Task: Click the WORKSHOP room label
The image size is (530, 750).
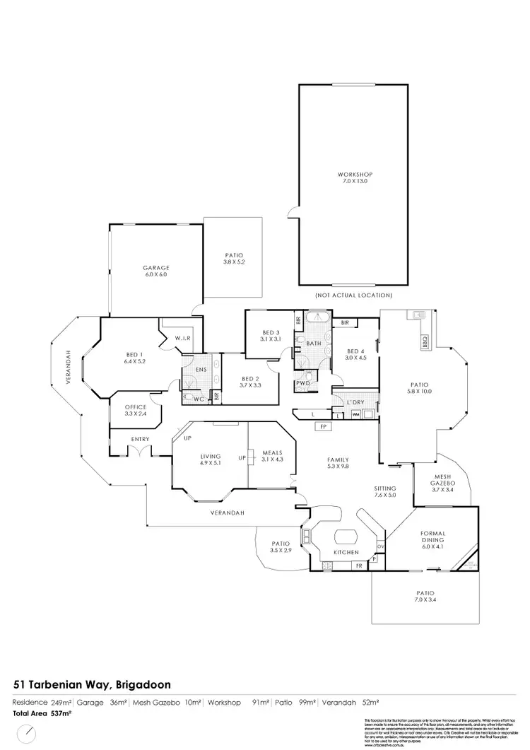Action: click(354, 175)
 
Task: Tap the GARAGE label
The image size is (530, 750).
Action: click(155, 268)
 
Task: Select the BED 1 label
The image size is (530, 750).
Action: click(134, 355)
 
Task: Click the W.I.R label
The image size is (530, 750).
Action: click(184, 339)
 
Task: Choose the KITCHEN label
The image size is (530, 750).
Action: click(347, 552)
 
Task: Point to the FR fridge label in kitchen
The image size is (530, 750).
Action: click(359, 566)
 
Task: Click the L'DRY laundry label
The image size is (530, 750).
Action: click(355, 402)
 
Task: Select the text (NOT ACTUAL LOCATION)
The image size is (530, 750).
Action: click(354, 295)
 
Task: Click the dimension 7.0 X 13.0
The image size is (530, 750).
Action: click(354, 182)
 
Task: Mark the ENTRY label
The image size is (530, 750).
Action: click(140, 440)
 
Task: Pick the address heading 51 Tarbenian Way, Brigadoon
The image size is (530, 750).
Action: click(92, 684)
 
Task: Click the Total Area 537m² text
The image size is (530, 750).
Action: click(42, 714)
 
